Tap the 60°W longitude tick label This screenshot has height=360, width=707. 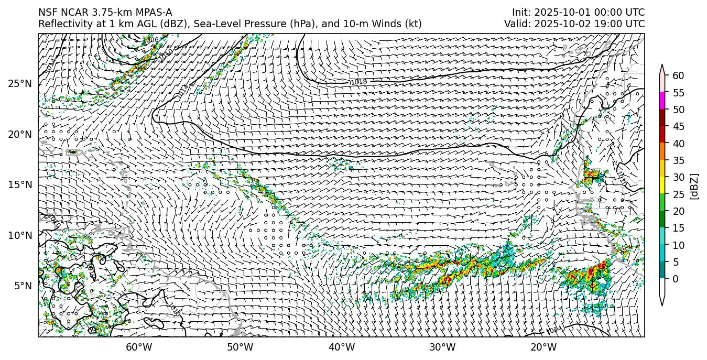[139, 347]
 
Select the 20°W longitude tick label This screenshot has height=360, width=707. [543, 347]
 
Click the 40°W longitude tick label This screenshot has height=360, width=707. [342, 347]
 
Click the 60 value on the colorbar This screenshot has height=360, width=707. [678, 76]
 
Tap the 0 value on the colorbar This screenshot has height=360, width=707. [676, 279]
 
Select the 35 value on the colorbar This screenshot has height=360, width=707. [678, 160]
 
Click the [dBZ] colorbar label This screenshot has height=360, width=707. [694, 186]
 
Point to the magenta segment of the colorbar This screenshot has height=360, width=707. [662, 101]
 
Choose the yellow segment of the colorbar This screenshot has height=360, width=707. [662, 185]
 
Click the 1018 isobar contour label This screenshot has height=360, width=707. [358, 82]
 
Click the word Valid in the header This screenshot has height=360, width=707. [516, 24]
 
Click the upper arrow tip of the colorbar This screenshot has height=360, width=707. [662, 66]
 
